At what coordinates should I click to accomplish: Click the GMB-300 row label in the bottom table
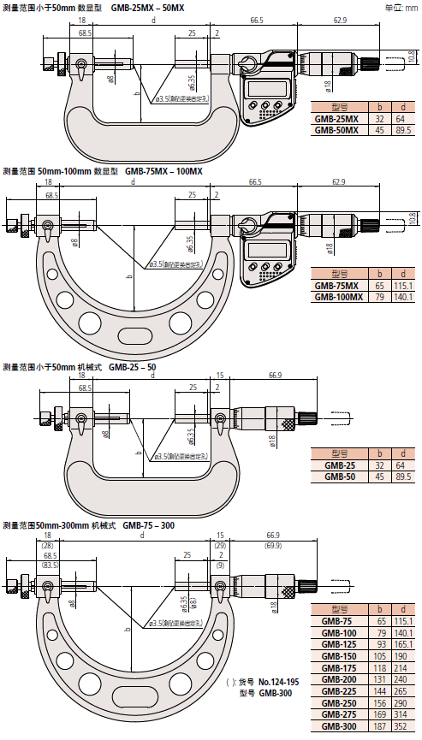click(337, 725)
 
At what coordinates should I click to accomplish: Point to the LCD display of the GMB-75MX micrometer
click(259, 252)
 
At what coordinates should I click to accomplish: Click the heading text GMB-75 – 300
click(150, 524)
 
